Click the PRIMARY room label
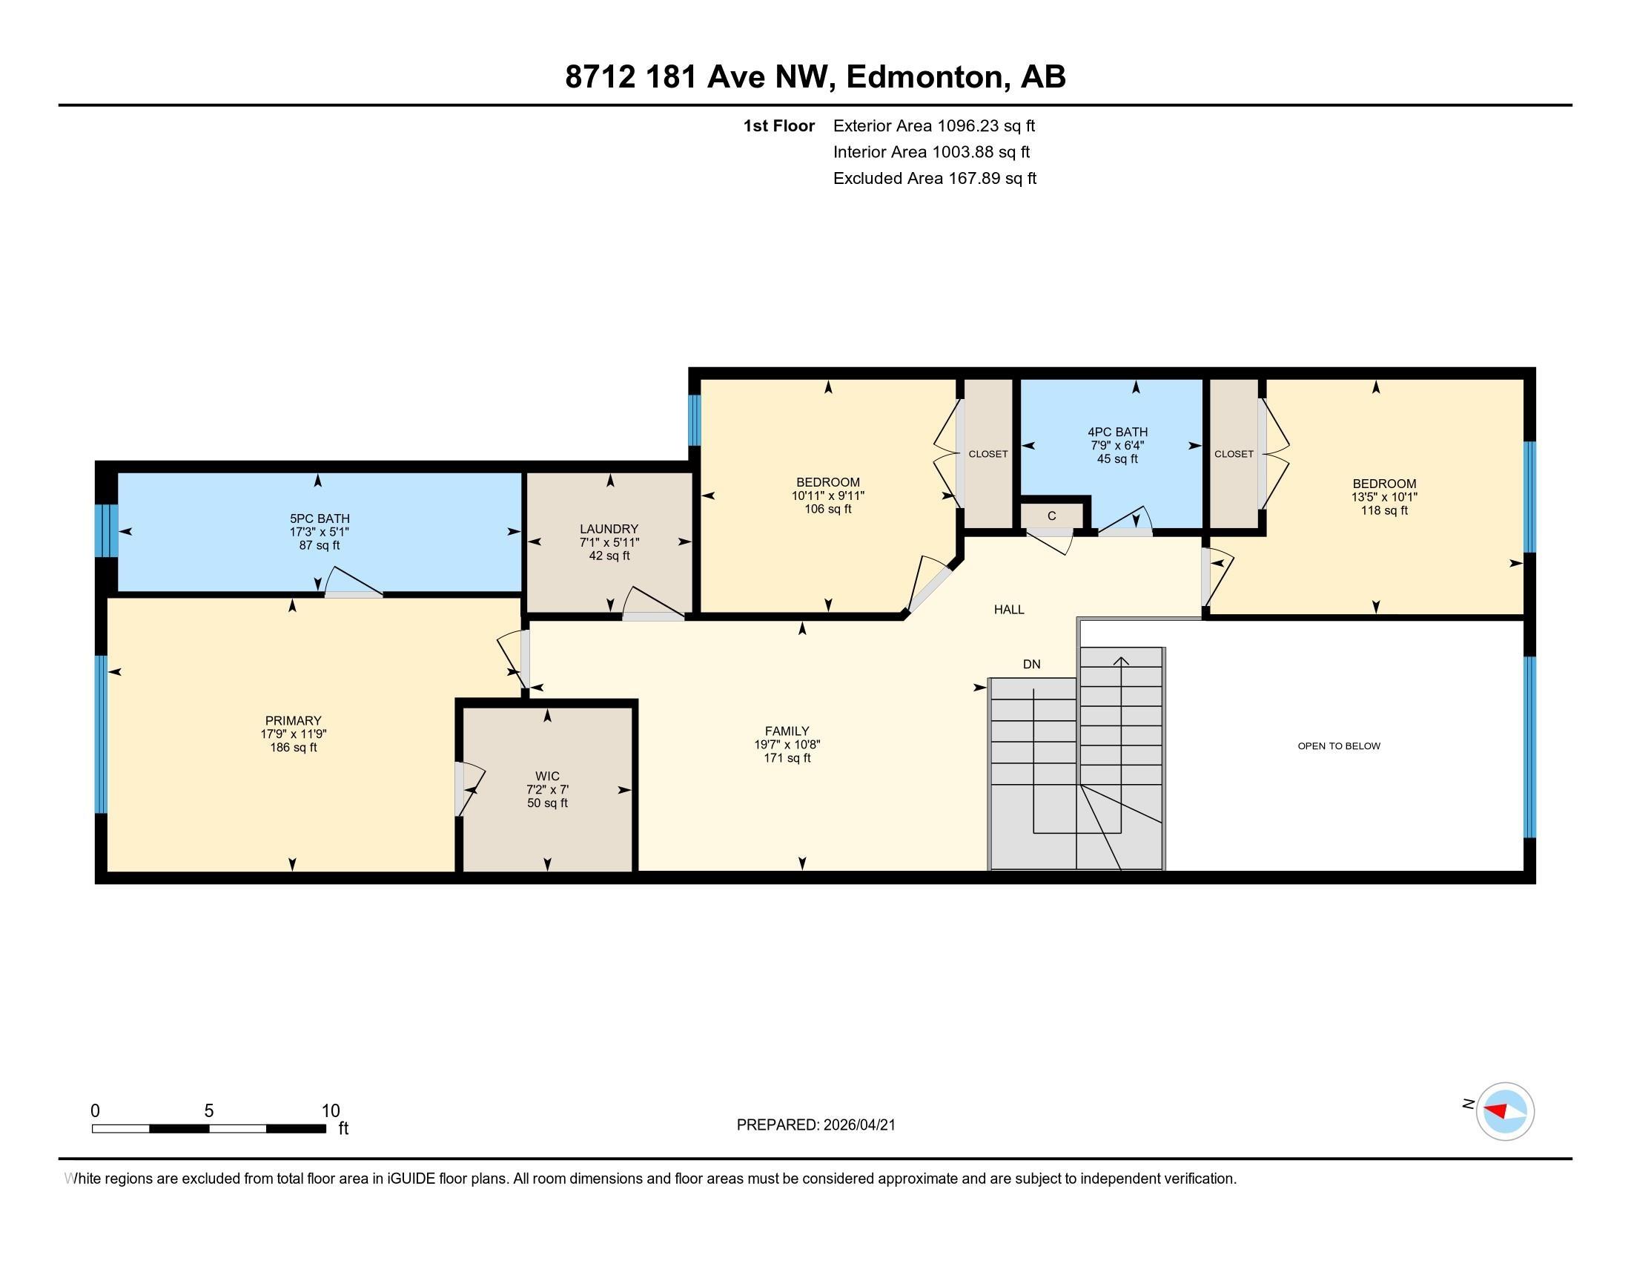[293, 721]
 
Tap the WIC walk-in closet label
[547, 776]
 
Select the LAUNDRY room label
[609, 529]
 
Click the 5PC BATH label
[320, 518]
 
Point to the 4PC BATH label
[1117, 432]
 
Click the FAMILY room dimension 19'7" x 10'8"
[787, 745]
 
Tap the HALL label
[1008, 610]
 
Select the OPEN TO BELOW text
[1338, 745]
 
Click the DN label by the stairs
[1031, 664]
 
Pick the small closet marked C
[1051, 516]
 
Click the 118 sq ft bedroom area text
[1384, 510]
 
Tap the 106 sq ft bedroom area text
[827, 509]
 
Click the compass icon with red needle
[1504, 1111]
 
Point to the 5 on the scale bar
[209, 1111]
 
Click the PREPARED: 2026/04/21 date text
[815, 1125]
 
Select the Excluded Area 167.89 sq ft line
[934, 179]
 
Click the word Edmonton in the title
[924, 77]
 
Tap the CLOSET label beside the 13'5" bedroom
[1233, 454]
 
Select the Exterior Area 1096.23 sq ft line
[933, 126]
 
